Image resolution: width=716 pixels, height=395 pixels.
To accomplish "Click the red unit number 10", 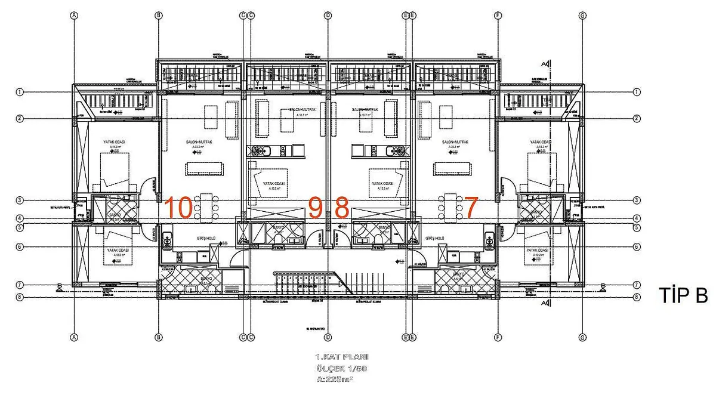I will tap(178, 208).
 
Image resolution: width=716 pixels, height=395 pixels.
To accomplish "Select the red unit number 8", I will tap(341, 208).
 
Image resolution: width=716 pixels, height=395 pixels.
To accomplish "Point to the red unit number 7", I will tap(471, 208).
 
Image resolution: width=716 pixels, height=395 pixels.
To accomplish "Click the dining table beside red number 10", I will tap(206, 206).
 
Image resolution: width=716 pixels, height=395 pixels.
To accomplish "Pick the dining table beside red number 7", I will tap(450, 206).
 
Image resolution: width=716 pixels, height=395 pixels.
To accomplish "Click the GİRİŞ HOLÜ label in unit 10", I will tap(206, 238).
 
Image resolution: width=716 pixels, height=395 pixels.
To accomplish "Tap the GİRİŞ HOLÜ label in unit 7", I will tap(434, 238).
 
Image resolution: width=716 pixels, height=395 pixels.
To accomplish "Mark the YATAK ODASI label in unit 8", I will tap(382, 183).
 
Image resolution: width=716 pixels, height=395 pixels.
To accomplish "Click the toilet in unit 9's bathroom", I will tap(278, 240).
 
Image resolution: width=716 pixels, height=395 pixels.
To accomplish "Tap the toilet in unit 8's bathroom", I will tap(378, 240).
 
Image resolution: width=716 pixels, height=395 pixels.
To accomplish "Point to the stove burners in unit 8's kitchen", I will tap(392, 151).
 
